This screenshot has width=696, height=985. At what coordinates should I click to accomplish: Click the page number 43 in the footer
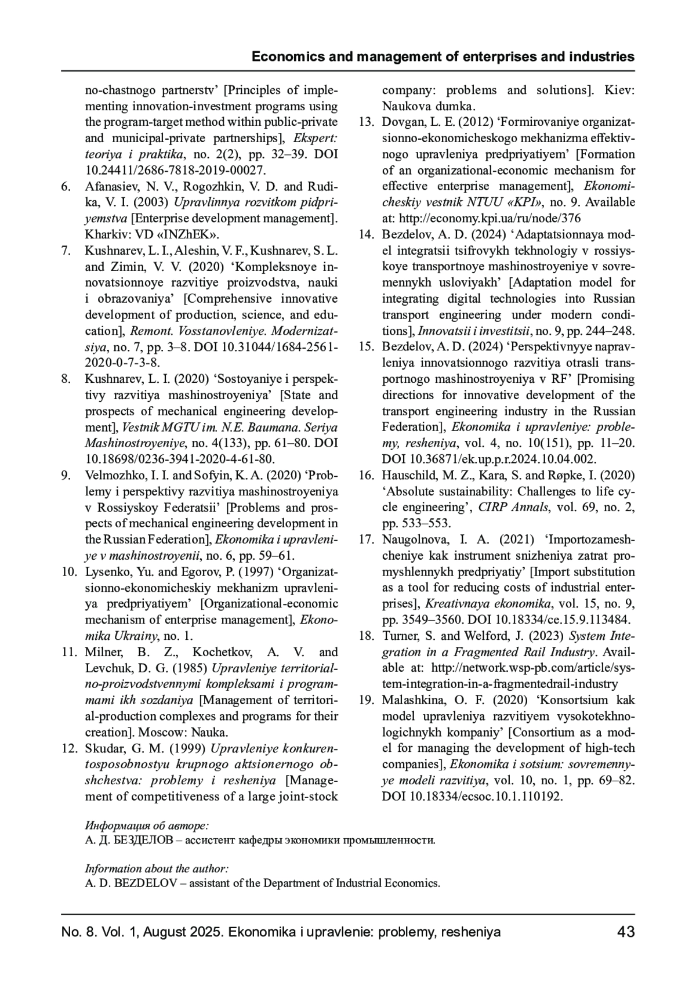(626, 932)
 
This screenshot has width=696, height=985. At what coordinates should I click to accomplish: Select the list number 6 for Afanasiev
(66, 187)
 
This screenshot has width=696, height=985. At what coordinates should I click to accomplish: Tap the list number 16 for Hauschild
(365, 475)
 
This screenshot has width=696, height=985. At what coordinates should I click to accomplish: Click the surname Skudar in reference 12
(103, 748)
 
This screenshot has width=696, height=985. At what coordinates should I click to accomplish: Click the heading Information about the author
(157, 868)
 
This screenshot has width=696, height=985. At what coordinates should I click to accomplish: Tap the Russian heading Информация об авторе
(147, 825)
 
